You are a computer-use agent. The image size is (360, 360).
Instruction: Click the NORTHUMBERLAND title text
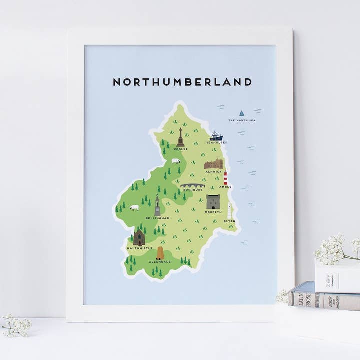click(x=182, y=82)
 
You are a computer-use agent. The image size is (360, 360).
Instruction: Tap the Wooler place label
click(x=181, y=149)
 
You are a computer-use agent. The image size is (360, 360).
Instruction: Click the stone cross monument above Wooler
click(x=180, y=137)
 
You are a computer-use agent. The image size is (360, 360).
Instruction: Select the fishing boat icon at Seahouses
click(x=216, y=136)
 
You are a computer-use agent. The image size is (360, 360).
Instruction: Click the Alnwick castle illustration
click(x=213, y=163)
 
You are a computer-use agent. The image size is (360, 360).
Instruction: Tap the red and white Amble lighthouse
click(x=226, y=177)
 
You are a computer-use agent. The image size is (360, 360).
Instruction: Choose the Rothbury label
click(x=193, y=190)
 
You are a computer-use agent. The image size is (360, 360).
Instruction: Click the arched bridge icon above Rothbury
click(x=193, y=185)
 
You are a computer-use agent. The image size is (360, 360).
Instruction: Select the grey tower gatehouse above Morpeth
click(x=213, y=202)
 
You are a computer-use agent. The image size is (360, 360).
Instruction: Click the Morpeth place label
click(x=213, y=212)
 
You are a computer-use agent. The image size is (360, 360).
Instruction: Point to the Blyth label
click(x=229, y=221)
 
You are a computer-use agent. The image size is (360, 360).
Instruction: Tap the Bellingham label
click(x=157, y=219)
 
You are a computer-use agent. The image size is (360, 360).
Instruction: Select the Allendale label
click(x=160, y=262)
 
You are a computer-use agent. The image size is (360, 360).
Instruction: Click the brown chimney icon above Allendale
click(x=160, y=253)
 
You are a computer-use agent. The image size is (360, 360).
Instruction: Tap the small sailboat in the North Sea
click(x=242, y=113)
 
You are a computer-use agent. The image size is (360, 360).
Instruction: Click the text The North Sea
click(x=242, y=121)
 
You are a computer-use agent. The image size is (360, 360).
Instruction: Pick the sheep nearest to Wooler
click(x=176, y=161)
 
